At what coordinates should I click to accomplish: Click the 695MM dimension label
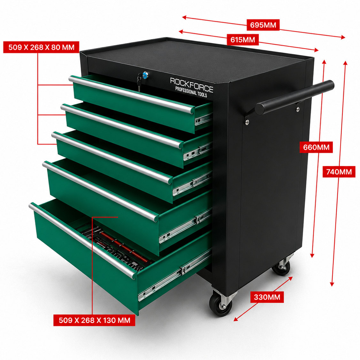click(x=263, y=25)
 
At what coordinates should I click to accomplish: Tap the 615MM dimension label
click(x=243, y=40)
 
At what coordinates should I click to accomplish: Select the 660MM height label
click(x=316, y=147)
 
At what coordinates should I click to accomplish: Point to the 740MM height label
click(x=339, y=172)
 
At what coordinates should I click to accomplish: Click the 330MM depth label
click(x=267, y=297)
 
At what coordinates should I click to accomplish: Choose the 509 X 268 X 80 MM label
click(x=41, y=47)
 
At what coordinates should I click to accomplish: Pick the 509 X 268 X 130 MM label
click(x=94, y=320)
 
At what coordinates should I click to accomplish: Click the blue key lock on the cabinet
click(x=145, y=75)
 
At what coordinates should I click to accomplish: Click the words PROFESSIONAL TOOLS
click(x=191, y=92)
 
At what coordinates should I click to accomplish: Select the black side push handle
click(x=295, y=97)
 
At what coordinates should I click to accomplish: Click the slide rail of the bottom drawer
click(x=174, y=275)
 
